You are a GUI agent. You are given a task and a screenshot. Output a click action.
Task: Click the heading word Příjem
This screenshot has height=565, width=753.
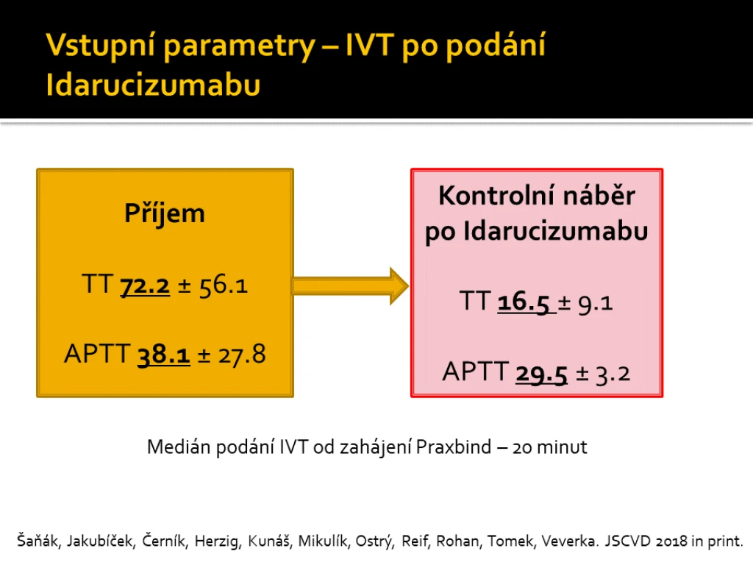click(164, 214)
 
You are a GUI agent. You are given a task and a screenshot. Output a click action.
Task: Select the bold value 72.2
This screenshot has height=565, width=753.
click(145, 285)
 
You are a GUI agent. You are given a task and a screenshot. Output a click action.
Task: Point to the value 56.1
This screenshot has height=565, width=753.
click(224, 285)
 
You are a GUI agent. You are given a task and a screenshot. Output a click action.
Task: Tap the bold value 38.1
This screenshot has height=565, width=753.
click(164, 355)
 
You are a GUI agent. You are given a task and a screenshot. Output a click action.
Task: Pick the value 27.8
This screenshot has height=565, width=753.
click(242, 355)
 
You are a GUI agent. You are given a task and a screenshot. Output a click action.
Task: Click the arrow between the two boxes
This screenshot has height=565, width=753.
click(351, 286)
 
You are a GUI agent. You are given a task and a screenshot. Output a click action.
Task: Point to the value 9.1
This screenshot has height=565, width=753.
click(596, 303)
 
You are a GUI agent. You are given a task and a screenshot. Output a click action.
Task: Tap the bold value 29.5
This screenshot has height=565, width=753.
click(542, 374)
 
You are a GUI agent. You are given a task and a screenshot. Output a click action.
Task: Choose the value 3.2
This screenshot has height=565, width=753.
click(613, 374)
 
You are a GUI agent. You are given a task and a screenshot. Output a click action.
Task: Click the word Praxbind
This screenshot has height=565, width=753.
click(454, 447)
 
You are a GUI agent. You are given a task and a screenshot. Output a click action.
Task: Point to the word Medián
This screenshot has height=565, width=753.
click(179, 447)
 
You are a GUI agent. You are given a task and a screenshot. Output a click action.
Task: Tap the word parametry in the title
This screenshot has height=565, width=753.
click(239, 46)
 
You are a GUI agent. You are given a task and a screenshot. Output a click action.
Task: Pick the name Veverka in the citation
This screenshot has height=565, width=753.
click(570, 541)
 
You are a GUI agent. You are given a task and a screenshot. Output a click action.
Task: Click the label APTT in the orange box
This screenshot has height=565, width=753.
click(98, 354)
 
